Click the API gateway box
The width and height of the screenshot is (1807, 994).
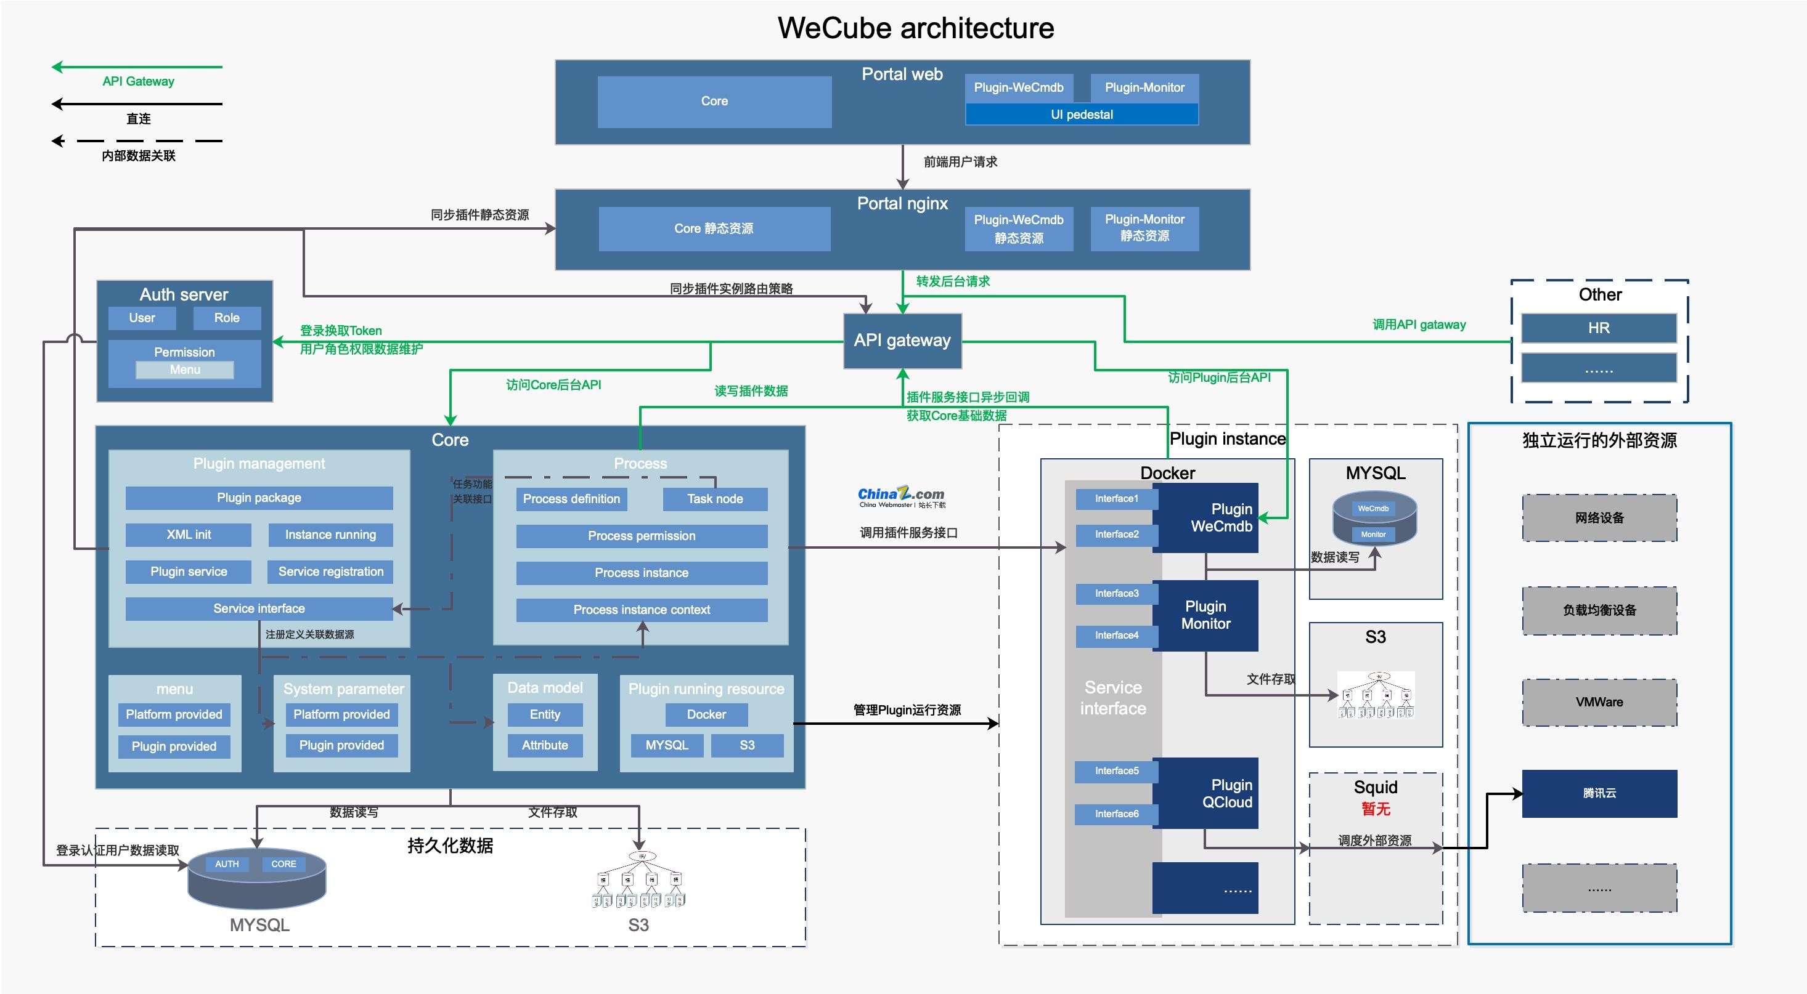click(902, 341)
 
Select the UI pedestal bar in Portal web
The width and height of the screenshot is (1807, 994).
click(1081, 115)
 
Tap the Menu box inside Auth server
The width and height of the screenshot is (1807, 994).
click(184, 370)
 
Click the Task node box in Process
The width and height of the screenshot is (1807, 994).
click(715, 499)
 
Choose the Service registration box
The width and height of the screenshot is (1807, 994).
click(330, 572)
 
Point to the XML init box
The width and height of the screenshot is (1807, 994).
click(188, 534)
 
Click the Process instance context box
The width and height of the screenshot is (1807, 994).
click(641, 609)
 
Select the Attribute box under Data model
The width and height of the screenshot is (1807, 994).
click(544, 745)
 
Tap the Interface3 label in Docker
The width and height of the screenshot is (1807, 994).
click(1116, 593)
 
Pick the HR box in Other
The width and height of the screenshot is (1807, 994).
click(1599, 328)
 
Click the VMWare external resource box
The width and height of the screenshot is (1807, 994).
click(1599, 701)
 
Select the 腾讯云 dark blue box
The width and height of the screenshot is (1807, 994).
click(1599, 793)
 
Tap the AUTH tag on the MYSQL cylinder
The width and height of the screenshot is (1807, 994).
click(227, 863)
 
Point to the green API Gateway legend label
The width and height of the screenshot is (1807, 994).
click(138, 81)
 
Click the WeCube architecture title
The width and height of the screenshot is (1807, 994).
click(915, 28)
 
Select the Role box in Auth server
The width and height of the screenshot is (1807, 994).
click(227, 318)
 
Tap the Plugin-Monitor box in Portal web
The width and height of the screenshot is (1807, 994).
click(1144, 87)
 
